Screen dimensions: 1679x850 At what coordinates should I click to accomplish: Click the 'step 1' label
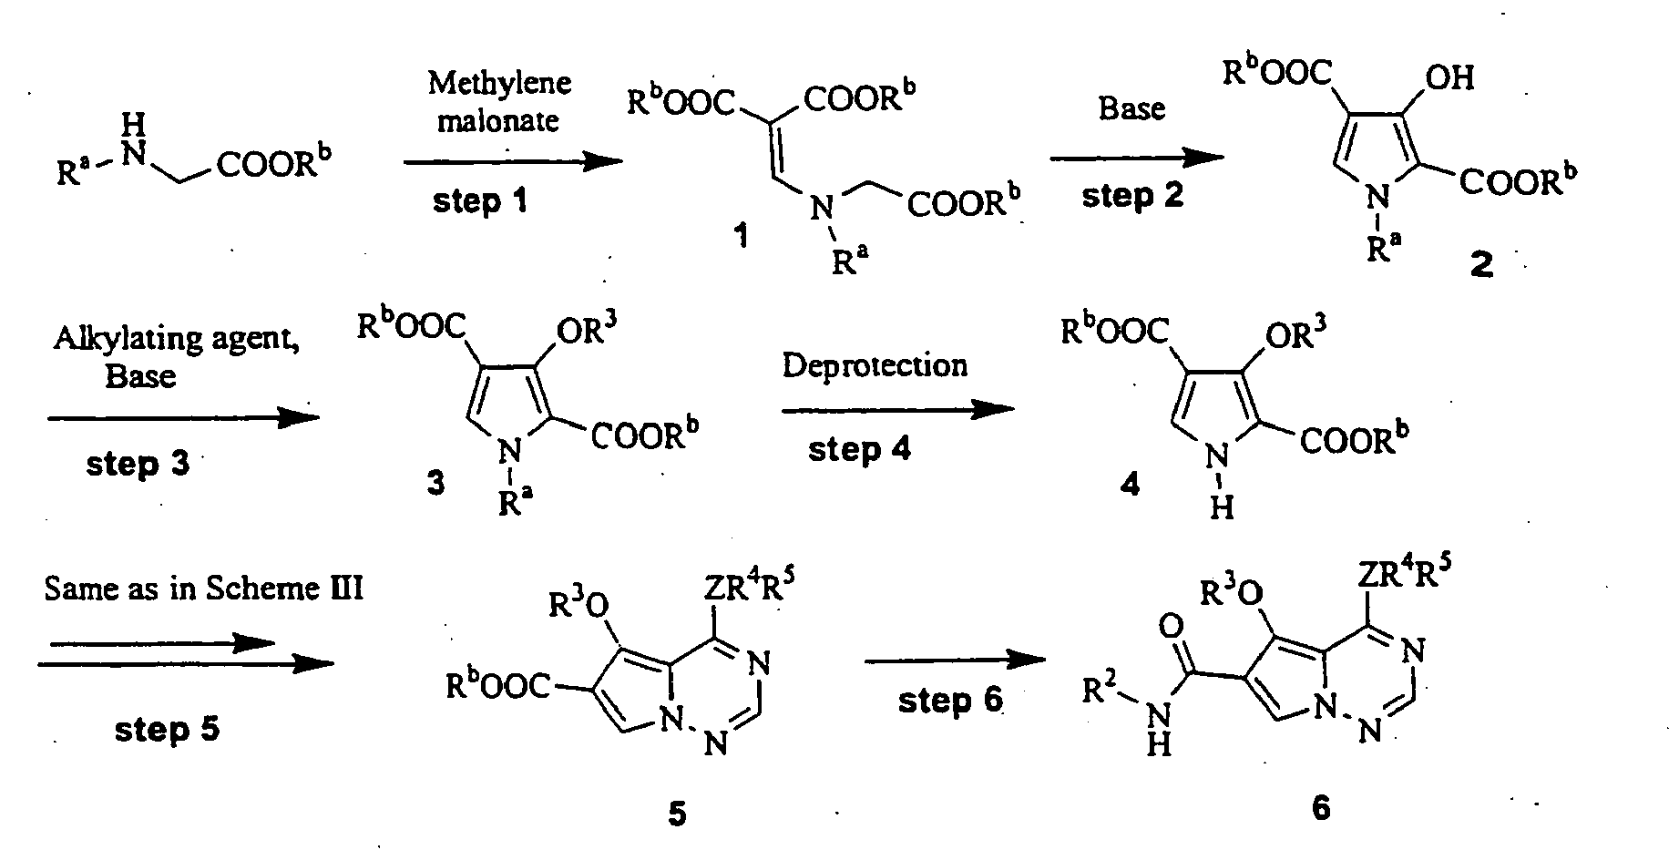click(479, 200)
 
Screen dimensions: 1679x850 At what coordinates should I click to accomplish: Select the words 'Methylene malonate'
click(499, 101)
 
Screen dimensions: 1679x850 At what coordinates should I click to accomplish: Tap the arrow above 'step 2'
click(1137, 159)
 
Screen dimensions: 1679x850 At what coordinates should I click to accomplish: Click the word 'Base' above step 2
click(1131, 108)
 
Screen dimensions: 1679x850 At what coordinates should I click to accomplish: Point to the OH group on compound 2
click(1449, 77)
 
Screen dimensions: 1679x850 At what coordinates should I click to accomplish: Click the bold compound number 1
click(742, 240)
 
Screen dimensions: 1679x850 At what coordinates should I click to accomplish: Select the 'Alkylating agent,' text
click(178, 339)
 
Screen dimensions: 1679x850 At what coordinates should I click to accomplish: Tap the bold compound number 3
click(436, 483)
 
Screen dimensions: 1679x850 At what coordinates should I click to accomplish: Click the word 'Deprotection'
click(875, 365)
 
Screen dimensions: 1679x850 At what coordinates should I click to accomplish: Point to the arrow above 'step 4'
click(897, 411)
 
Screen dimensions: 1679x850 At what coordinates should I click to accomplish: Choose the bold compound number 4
click(1130, 484)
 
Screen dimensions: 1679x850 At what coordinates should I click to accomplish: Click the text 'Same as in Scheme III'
click(204, 589)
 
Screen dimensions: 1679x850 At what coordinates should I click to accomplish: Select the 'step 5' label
click(167, 729)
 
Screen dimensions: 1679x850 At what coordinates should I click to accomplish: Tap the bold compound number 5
click(676, 813)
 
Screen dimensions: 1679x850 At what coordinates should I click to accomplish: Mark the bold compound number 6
click(1322, 807)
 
